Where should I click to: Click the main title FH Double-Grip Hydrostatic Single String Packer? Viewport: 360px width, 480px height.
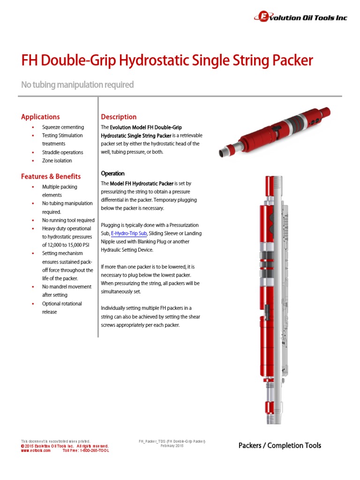167,60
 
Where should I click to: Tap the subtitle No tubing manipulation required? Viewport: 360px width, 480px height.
77,85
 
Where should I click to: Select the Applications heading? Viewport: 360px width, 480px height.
40,117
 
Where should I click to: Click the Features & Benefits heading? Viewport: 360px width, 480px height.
51,176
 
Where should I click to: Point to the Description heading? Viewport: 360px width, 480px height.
119,117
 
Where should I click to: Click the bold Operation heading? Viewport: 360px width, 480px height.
112,173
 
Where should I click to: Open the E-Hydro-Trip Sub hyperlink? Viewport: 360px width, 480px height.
129,233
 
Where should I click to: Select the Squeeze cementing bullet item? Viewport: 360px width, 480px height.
63,127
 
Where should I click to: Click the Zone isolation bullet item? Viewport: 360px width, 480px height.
57,161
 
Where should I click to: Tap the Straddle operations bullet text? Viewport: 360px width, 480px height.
62,152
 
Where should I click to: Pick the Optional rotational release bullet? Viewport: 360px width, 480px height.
61,307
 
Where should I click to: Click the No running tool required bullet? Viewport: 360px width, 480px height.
68,220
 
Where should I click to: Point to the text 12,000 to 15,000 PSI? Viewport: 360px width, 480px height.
67,245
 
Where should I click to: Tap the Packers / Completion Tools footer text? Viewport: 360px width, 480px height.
280,445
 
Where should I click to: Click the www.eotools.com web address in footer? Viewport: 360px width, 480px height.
36,450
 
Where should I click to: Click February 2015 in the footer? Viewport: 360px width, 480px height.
172,446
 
